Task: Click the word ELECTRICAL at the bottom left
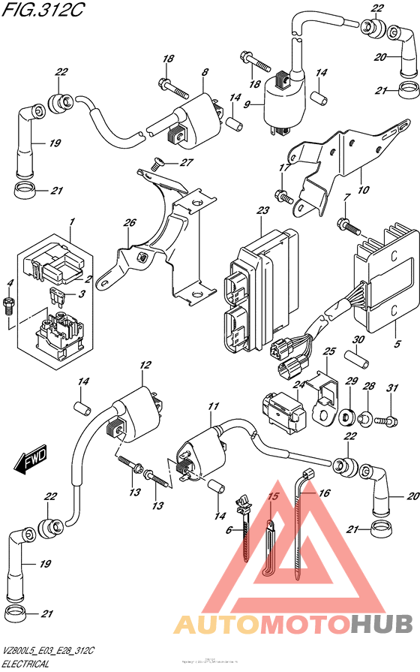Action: click(26, 664)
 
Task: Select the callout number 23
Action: click(262, 212)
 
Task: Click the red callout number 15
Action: click(273, 497)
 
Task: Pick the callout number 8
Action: click(203, 72)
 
